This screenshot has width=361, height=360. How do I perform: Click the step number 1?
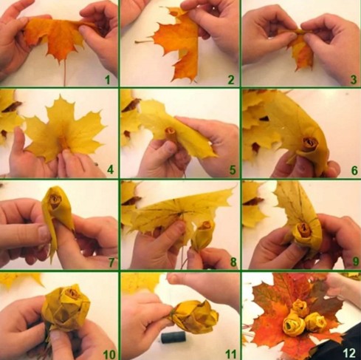(x=107, y=80)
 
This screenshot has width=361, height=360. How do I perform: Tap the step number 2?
(x=231, y=80)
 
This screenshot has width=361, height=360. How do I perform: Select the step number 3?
(x=354, y=80)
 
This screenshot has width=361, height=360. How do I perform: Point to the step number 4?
(x=111, y=170)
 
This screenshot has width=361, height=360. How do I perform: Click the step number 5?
(x=233, y=170)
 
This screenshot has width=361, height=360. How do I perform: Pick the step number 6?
(x=354, y=170)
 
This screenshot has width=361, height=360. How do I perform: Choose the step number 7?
(x=111, y=262)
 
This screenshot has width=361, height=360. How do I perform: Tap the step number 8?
(x=233, y=262)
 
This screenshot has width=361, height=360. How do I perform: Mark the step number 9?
(x=355, y=262)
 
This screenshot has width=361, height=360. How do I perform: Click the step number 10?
(x=109, y=355)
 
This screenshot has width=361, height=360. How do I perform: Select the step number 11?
(x=231, y=355)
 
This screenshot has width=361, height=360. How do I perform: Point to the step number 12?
(x=349, y=353)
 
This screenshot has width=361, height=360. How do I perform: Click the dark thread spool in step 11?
(x=173, y=337)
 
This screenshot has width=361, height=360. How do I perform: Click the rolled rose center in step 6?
(x=310, y=143)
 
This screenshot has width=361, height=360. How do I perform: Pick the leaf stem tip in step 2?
(x=136, y=42)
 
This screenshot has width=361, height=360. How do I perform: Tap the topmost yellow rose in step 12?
(x=300, y=307)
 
